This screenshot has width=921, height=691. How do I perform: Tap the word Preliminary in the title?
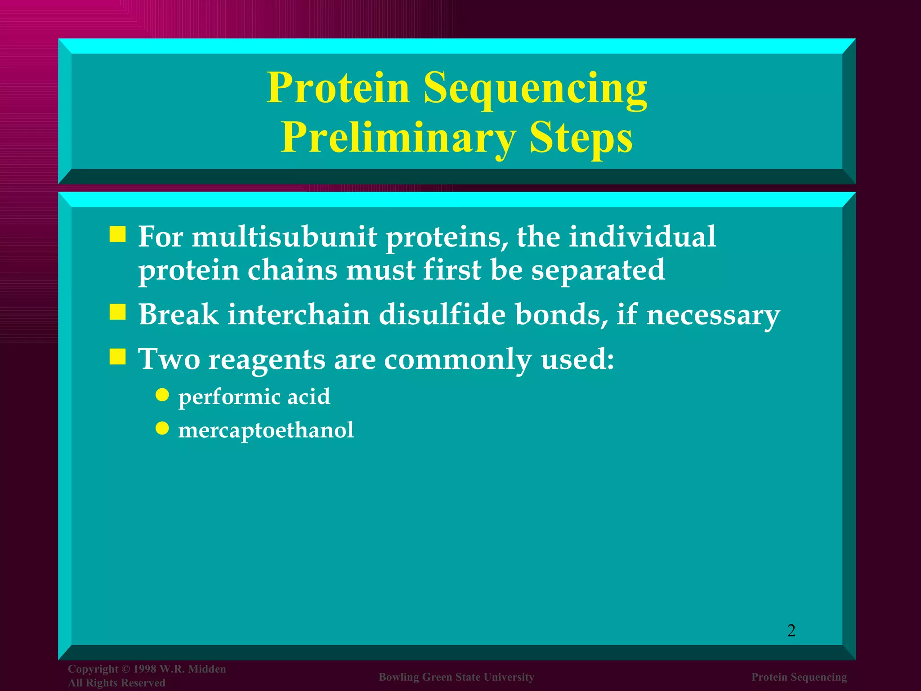[398, 138]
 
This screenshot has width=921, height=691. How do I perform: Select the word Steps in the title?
[581, 138]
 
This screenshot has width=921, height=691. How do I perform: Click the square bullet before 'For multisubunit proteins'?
[118, 235]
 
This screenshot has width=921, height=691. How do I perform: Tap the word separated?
[598, 270]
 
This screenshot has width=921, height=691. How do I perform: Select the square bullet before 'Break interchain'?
[118, 312]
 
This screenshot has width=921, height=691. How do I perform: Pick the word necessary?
[713, 315]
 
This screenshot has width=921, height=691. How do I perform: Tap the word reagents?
[267, 360]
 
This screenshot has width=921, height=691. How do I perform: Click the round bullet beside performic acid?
[162, 395]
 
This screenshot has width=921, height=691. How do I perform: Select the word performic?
[229, 397]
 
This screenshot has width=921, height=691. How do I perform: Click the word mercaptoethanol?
[266, 430]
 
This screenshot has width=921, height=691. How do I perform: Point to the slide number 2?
[791, 630]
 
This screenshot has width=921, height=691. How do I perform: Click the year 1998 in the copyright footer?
[144, 669]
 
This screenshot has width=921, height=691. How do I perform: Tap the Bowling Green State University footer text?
[456, 677]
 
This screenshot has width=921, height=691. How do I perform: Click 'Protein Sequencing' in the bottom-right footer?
[799, 677]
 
